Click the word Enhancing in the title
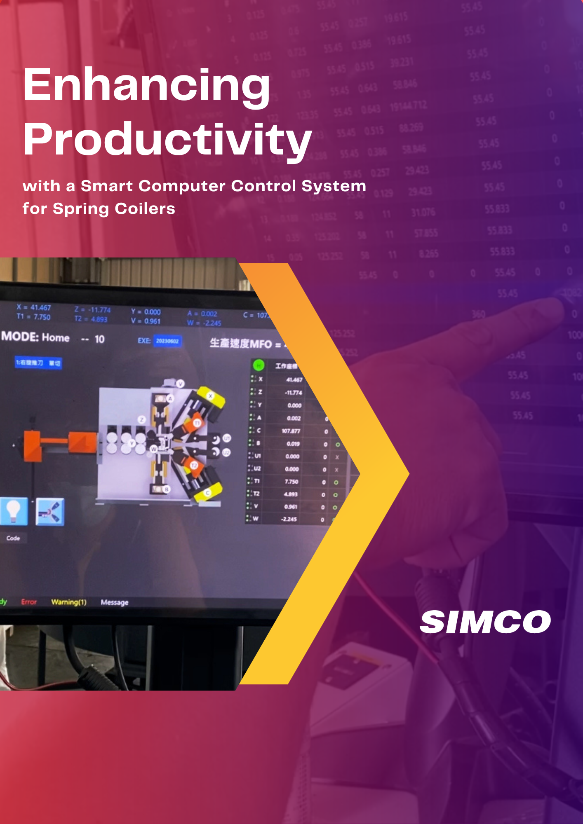coord(147,85)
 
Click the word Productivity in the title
coord(167,140)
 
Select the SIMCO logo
coord(485,622)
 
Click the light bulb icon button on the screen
coord(14,511)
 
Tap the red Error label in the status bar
coord(29,602)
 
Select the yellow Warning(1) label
coord(69,602)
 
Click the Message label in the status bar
coord(115,602)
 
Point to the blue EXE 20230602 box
coord(167,341)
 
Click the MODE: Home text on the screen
coord(35,337)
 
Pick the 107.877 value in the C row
coord(291,431)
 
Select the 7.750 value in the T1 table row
coord(291,482)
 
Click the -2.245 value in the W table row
coord(289,519)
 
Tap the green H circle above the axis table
coord(259,365)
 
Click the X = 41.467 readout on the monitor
coord(34,307)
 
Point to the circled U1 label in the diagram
coord(227,438)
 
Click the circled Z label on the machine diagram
coord(141,419)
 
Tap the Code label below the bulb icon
coord(13,538)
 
